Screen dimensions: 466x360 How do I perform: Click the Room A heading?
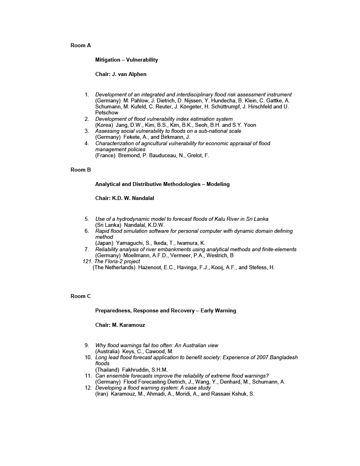tap(80, 46)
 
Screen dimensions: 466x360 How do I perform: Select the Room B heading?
tap(80, 170)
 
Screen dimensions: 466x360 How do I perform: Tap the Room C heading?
tap(80, 296)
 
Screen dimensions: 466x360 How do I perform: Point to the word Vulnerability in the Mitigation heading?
tap(142, 60)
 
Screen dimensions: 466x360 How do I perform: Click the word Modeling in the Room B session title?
tap(218, 184)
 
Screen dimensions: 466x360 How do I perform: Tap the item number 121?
tap(87, 262)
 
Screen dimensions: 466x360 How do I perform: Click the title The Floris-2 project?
tap(118, 262)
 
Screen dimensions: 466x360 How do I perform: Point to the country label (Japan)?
tap(104, 243)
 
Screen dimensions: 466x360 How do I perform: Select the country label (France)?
tap(105, 156)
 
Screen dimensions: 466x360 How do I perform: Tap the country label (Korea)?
tap(104, 125)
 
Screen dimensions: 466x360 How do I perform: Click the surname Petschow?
tap(107, 113)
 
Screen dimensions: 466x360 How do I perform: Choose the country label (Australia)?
tap(107, 352)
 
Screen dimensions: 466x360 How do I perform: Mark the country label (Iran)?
tap(102, 394)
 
